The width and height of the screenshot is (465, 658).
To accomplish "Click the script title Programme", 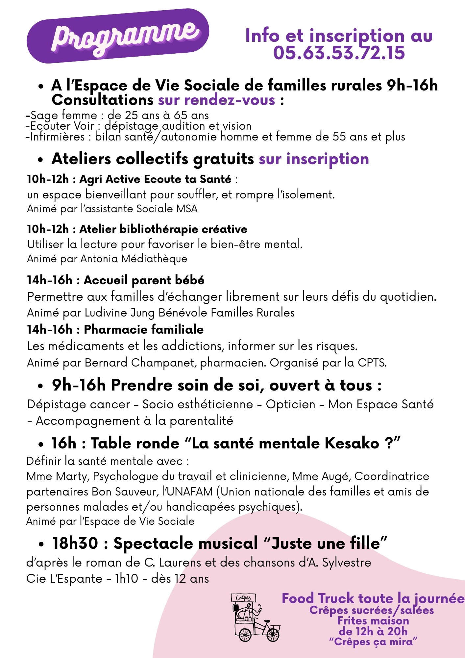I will tap(125, 37).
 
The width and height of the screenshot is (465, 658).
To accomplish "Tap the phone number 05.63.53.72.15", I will tap(339, 53).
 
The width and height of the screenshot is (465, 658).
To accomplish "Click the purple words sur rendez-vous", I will tap(216, 100).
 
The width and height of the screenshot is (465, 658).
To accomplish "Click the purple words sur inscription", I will tap(314, 159).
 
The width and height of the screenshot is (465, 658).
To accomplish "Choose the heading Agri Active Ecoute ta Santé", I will tap(155, 179).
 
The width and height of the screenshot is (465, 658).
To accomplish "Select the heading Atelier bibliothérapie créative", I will tap(163, 229).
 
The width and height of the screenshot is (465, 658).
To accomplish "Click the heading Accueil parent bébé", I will tap(144, 280).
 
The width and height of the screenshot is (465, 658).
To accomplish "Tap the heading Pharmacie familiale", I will tap(144, 329).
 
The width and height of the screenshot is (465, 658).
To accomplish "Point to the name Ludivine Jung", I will tap(120, 313).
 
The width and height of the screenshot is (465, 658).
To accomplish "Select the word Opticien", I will tap(290, 404).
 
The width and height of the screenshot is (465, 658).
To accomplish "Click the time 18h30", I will tap(75, 543).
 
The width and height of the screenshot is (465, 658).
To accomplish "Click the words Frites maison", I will tap(373, 621).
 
